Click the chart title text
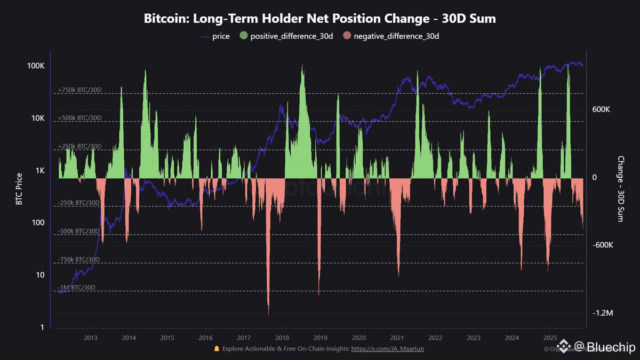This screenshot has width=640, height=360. coord(320,19)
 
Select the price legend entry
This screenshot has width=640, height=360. coord(215,36)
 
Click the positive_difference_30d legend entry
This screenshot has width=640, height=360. coord(288,36)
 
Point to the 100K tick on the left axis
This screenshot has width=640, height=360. coord(35,66)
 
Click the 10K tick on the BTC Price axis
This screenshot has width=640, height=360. coord(37,118)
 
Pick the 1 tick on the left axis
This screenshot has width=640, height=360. coord(42,327)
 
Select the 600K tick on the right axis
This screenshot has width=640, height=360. coord(602,109)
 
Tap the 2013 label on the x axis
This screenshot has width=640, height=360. coord(90,338)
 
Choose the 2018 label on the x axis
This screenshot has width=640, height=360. coord(282,338)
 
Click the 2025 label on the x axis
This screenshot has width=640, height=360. coord(550,338)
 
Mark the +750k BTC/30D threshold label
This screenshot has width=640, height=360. coord(79,90)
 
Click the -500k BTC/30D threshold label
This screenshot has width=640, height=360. coord(78,231)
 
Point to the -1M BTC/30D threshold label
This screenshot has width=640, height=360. coord(76,287)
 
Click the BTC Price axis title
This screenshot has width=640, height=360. coord(20,189)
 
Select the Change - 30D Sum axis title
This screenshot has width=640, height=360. coord(620,189)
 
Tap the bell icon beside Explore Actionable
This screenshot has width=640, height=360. coord(217,348)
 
